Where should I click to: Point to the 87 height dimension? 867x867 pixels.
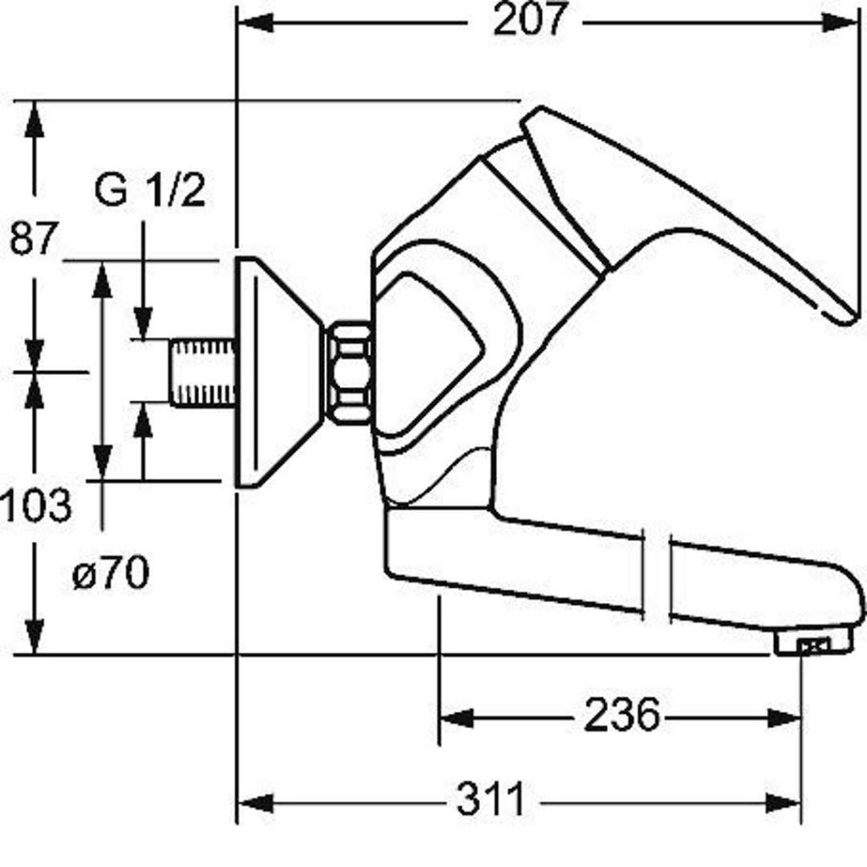point(33,238)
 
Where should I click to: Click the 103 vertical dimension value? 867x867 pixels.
point(36,505)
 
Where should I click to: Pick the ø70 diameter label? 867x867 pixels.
point(111,572)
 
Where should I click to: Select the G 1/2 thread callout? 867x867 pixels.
point(150,190)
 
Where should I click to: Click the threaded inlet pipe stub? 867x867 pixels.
point(202,373)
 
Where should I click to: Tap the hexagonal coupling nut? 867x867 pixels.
point(348,373)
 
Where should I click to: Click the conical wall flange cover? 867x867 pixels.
point(277,373)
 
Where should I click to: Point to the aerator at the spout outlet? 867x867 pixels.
point(810,643)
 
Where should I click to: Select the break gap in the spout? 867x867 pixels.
point(656,575)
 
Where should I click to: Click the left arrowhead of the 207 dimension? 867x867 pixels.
point(255,23)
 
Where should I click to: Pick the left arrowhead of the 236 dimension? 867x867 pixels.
point(456,718)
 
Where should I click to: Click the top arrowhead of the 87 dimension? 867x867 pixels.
point(35,119)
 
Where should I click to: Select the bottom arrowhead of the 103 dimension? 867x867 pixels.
point(35,636)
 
